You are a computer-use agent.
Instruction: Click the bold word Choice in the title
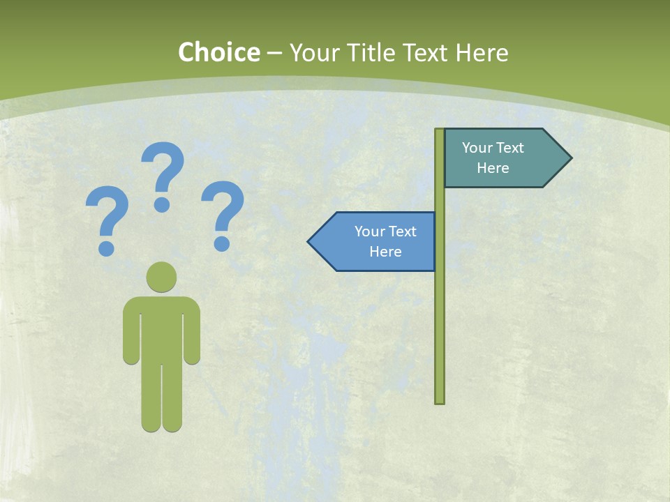[218, 52]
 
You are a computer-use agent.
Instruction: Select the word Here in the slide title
[482, 52]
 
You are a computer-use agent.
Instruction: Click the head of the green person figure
[161, 276]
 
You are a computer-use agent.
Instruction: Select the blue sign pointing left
[377, 241]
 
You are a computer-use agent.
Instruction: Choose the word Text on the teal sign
[511, 148]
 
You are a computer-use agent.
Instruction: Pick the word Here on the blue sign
[385, 252]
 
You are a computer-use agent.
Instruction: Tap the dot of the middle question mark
[162, 204]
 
